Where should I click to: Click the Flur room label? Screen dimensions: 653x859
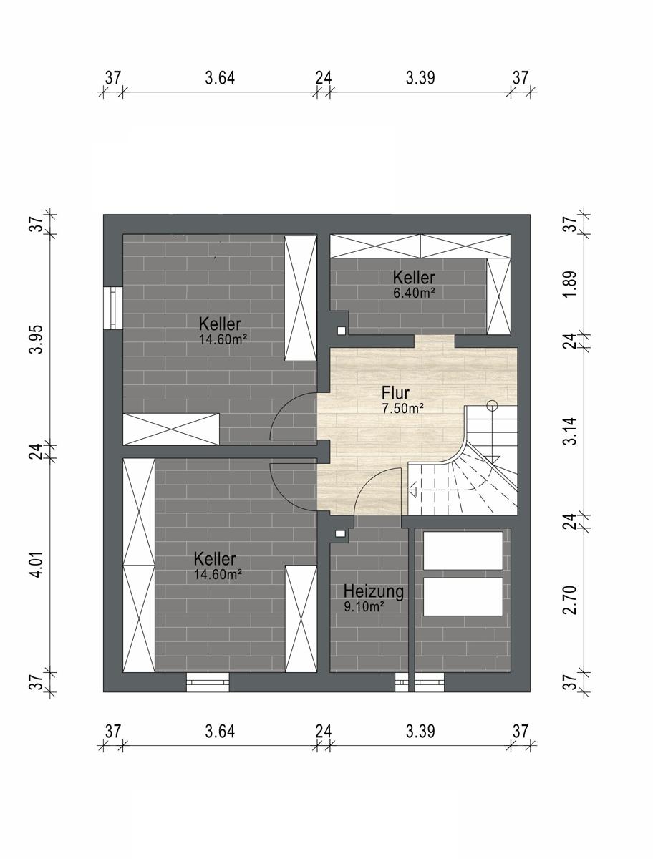tap(395, 392)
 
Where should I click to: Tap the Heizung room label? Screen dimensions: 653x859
tap(374, 591)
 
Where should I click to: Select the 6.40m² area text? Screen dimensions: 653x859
tap(414, 293)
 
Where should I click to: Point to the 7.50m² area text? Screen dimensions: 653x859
tap(403, 409)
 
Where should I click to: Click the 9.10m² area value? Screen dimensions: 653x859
tap(364, 606)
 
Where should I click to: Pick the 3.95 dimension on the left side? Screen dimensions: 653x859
tap(36, 339)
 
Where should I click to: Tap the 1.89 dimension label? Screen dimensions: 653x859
tap(570, 283)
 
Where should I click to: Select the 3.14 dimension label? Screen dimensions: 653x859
tap(570, 431)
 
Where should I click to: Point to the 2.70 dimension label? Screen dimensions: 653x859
tap(570, 600)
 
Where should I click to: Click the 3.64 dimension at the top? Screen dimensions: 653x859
tap(220, 78)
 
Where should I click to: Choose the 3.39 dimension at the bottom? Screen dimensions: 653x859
tap(420, 731)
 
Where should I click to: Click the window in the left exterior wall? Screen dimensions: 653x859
tap(113, 309)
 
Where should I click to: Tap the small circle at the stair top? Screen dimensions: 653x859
tap(491, 404)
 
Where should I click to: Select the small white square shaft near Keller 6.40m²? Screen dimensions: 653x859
tap(342, 330)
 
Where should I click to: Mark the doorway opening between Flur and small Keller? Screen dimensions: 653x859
tap(435, 341)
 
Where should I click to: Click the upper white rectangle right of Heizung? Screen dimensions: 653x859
tap(463, 550)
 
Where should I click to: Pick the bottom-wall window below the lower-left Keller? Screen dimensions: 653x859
tap(208, 682)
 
